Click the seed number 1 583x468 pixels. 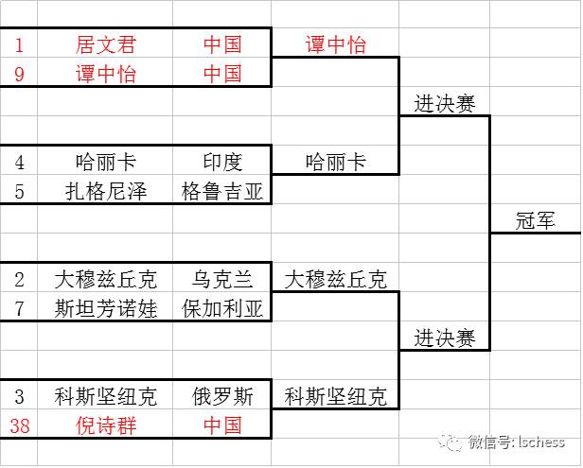[x=19, y=44]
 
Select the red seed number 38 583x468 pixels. [x=19, y=425]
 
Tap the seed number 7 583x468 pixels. [x=19, y=308]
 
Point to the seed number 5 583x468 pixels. [x=19, y=191]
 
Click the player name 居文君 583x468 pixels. [x=106, y=44]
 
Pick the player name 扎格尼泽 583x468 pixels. [x=106, y=191]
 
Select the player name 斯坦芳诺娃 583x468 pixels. [x=106, y=308]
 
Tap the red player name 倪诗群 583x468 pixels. [x=106, y=425]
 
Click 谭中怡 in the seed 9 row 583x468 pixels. [x=106, y=74]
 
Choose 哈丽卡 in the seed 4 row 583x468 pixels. [x=106, y=162]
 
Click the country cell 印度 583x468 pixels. [x=222, y=162]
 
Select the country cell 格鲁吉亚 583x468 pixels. [x=222, y=191]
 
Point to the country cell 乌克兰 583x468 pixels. [x=222, y=279]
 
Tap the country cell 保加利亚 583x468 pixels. [x=222, y=308]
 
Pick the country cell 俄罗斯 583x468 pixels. [x=222, y=396]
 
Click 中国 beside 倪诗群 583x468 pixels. [x=222, y=425]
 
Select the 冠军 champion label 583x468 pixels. [x=535, y=220]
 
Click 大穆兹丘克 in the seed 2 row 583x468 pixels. [x=106, y=279]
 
